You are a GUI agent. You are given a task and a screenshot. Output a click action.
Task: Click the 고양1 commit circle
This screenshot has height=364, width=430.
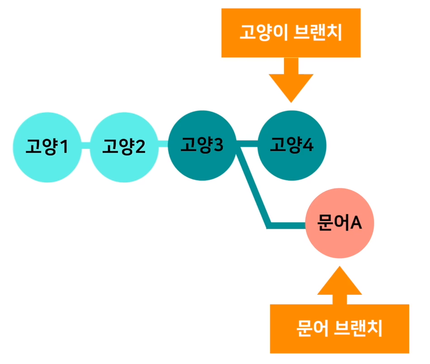(x=47, y=147)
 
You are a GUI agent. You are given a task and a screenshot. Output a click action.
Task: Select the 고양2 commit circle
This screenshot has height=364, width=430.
(x=124, y=147)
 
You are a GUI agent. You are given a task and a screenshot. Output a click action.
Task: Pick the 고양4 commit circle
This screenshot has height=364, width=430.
(x=292, y=146)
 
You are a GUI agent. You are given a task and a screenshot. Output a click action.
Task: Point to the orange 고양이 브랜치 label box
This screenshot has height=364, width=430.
(x=291, y=33)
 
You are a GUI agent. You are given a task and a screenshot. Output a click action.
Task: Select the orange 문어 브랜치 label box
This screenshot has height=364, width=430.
(x=339, y=328)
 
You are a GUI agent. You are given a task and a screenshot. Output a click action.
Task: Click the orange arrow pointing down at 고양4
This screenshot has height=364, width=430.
(x=291, y=81)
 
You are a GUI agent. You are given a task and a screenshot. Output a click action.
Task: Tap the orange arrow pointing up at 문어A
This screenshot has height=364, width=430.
(x=340, y=285)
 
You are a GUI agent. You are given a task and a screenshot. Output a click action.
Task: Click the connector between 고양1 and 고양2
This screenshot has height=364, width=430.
(x=85, y=146)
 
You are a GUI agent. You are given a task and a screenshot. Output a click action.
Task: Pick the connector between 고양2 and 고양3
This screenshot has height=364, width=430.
(x=163, y=145)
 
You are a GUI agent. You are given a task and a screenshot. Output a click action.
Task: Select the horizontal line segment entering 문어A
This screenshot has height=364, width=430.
(x=287, y=224)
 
